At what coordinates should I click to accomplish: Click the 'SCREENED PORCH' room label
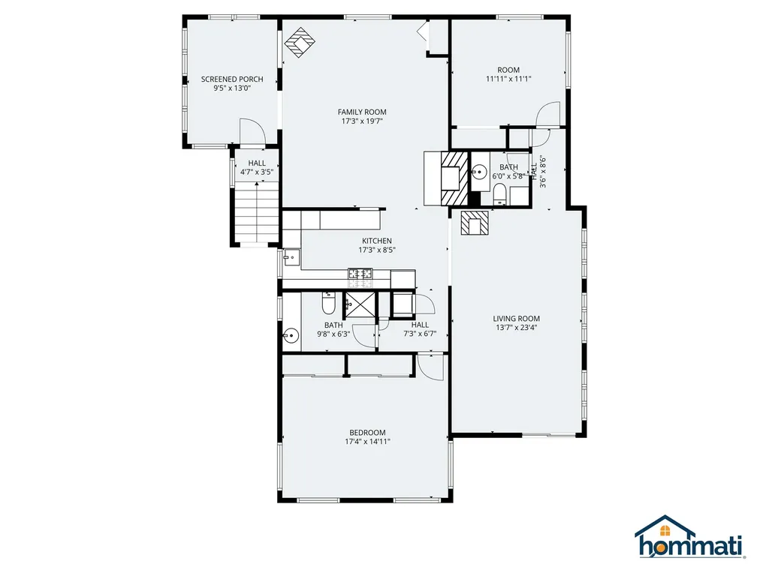(x=231, y=79)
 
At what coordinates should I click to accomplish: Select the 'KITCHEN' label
(x=377, y=241)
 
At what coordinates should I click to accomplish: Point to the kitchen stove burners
(x=360, y=275)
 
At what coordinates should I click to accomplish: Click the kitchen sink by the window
(x=291, y=258)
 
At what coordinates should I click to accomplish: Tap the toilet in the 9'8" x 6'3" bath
(x=328, y=304)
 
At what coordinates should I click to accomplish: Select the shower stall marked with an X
(x=357, y=306)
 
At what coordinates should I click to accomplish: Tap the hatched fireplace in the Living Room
(x=475, y=223)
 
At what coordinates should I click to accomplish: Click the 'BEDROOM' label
(x=367, y=432)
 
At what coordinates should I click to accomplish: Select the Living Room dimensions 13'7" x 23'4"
(x=517, y=327)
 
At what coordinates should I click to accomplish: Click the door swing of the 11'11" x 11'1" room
(x=549, y=115)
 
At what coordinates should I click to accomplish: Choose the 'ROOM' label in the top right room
(x=508, y=70)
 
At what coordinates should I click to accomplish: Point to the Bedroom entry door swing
(x=431, y=365)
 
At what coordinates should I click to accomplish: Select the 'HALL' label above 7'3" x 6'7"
(x=420, y=325)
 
